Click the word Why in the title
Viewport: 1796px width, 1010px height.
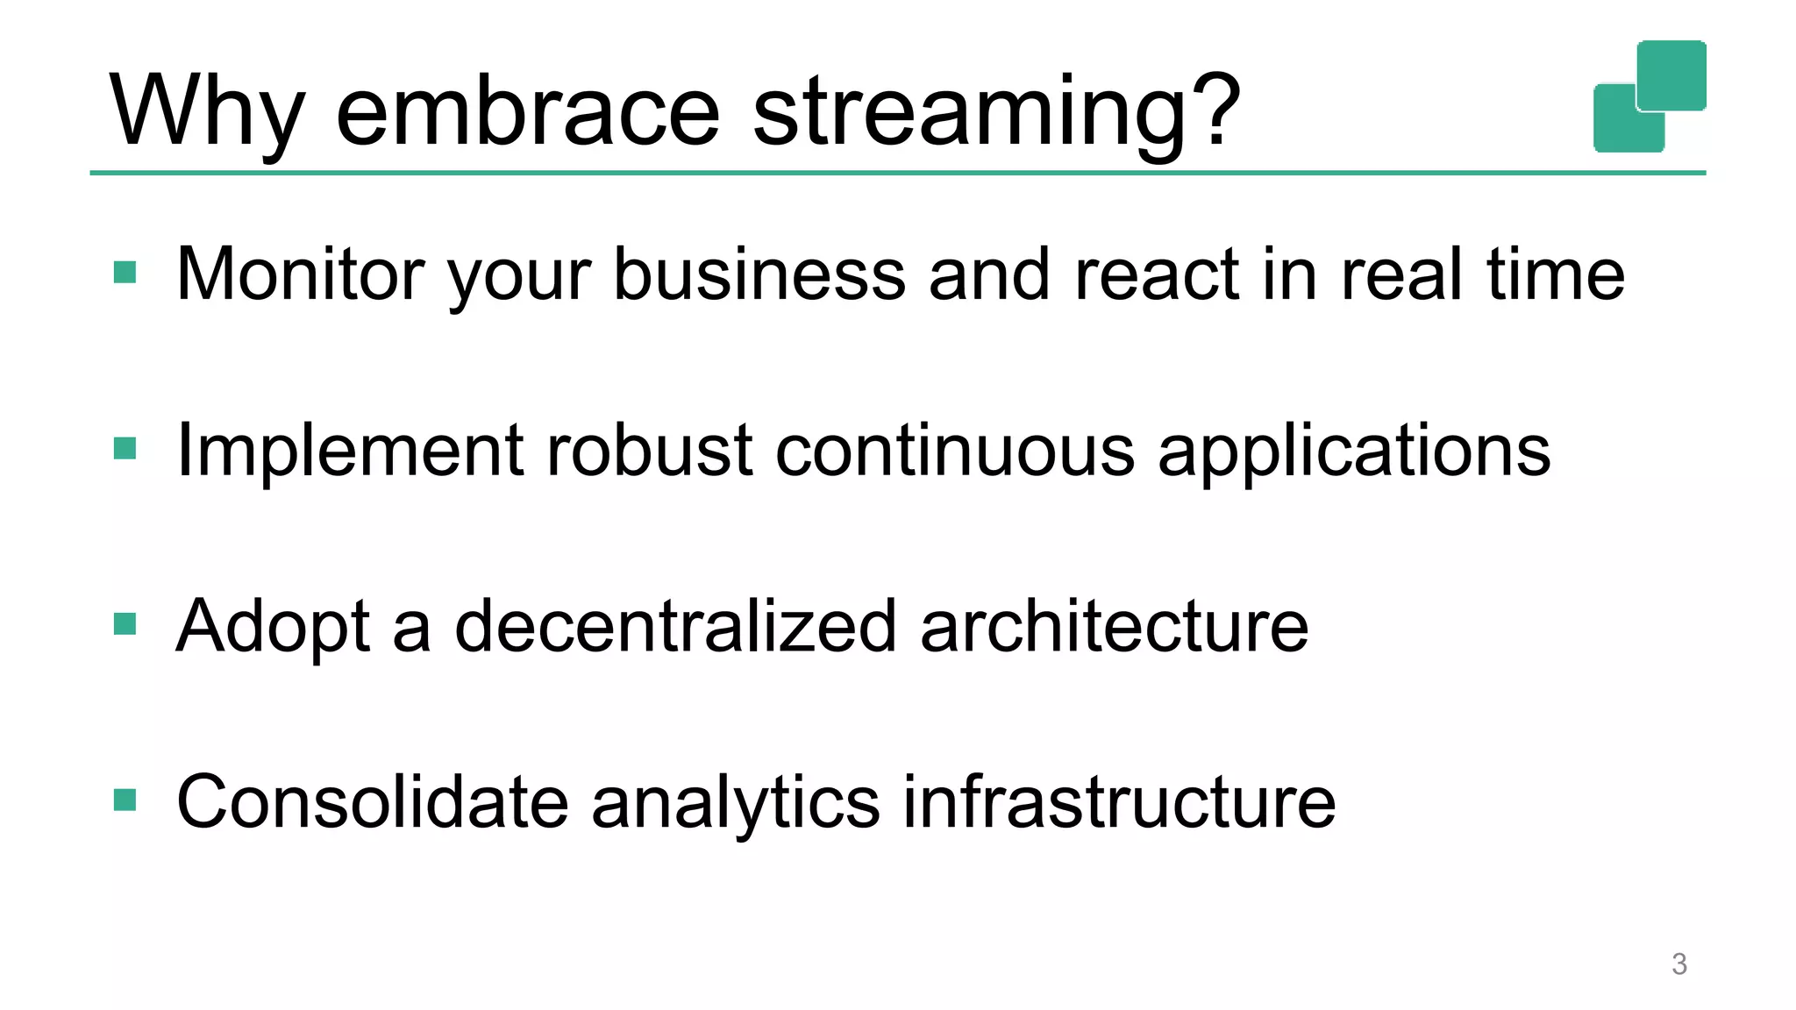click(206, 112)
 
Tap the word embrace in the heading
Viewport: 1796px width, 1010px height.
click(527, 112)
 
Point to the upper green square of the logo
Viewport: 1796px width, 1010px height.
click(1671, 75)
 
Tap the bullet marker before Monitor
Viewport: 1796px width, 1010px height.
click(125, 273)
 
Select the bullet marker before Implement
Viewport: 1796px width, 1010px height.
click(125, 449)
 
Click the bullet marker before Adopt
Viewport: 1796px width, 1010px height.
click(125, 624)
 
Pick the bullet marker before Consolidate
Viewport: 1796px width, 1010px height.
click(125, 800)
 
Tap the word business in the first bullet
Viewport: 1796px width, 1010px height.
click(759, 274)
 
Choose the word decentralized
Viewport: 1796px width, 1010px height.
click(675, 626)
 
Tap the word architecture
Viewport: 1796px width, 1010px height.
click(1114, 626)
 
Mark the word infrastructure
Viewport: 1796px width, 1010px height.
click(1119, 801)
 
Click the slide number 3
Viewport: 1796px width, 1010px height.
click(1678, 964)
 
